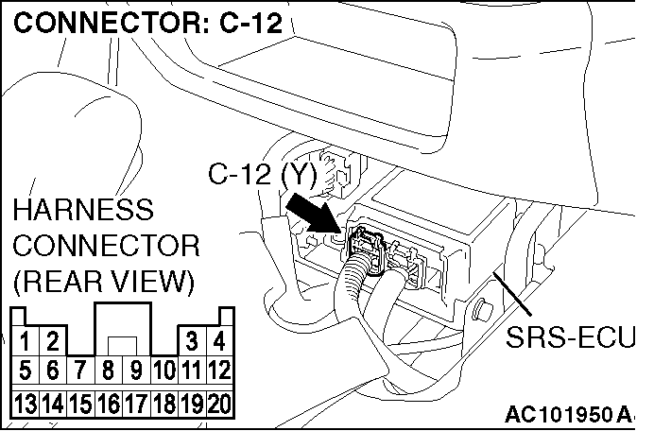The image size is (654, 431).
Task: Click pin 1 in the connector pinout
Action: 25,340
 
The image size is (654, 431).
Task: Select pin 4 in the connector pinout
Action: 219,340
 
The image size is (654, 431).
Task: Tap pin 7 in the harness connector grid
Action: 80,370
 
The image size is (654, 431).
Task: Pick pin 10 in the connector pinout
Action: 163,370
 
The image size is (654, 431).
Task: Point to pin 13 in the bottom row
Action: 25,404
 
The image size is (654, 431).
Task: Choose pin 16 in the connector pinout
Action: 108,404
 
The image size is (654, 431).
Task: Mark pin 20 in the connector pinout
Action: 219,404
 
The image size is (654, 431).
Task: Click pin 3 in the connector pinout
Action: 192,340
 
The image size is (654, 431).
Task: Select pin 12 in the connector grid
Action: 219,370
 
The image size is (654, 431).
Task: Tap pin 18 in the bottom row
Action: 163,404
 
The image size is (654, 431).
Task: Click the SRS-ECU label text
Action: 570,337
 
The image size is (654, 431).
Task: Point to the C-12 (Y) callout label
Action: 263,174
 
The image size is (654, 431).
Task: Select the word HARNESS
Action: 83,210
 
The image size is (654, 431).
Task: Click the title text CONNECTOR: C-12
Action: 148,22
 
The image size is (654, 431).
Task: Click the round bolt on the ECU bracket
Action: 483,310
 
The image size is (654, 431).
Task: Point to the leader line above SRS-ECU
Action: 512,294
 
